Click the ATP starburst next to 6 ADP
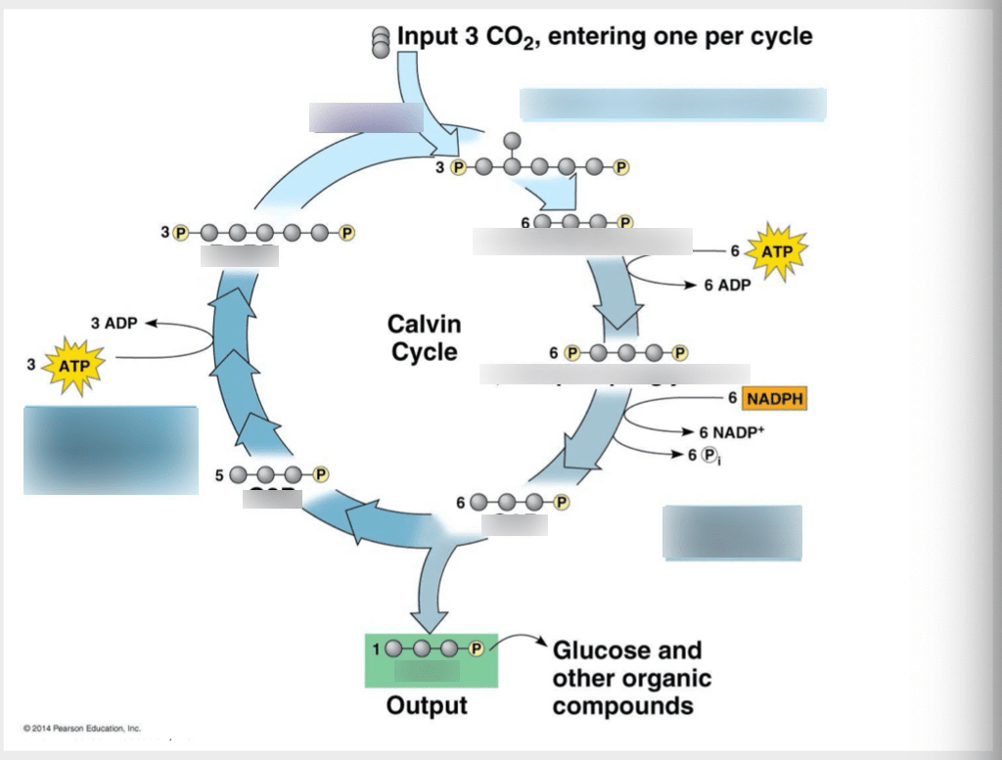[778, 251]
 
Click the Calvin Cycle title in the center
[424, 337]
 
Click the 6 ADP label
[725, 286]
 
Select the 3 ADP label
[114, 323]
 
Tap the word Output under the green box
[427, 705]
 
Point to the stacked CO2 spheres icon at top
[381, 42]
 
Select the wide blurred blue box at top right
[672, 105]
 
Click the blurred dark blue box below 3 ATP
[111, 450]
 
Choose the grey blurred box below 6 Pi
[732, 532]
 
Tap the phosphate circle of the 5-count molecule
[318, 474]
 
